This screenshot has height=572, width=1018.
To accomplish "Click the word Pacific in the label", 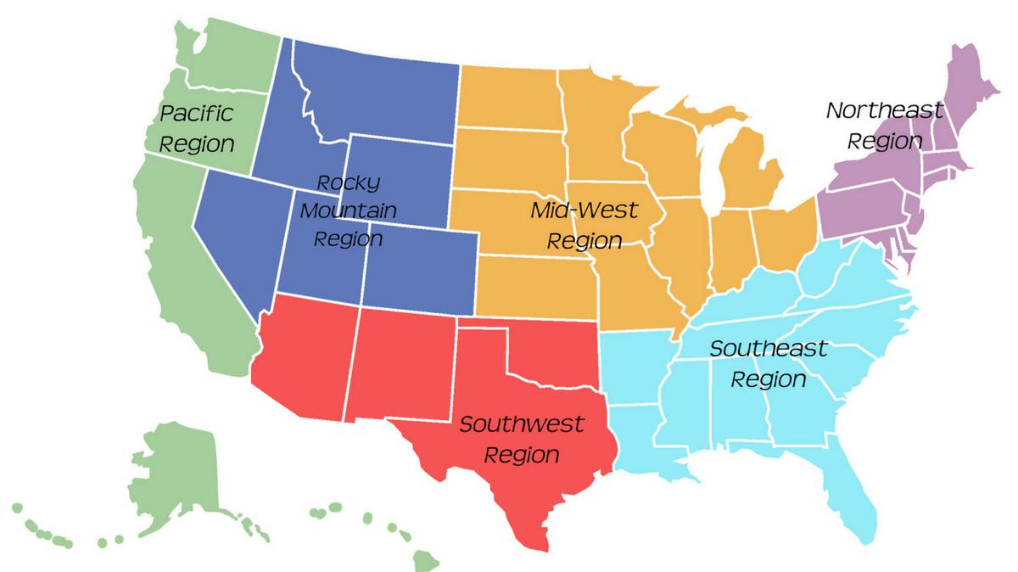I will pos(197,113).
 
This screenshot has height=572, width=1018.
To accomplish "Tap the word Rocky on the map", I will pos(348,182).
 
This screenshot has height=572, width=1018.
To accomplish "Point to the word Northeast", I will pos(884,110).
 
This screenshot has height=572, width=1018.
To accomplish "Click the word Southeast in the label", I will pos(768,349).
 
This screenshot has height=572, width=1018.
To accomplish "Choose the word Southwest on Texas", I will pos(521,424).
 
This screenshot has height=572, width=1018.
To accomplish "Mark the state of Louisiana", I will pos(645,441).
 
